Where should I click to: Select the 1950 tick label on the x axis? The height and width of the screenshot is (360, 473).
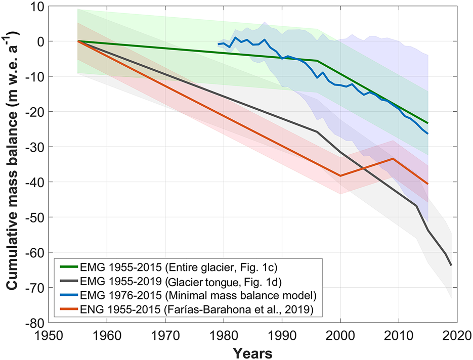click(x=49, y=335)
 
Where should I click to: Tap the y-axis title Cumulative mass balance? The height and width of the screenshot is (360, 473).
click(x=12, y=164)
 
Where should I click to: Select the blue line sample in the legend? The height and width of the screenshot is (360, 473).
click(x=71, y=293)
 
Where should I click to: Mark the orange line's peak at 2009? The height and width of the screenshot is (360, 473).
click(x=393, y=159)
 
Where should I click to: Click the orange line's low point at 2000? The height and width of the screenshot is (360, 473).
click(x=340, y=175)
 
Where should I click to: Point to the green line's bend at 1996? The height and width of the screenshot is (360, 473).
click(x=317, y=61)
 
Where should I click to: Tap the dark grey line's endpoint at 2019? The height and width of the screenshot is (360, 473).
click(x=451, y=265)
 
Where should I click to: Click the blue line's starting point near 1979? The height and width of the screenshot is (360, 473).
click(x=218, y=44)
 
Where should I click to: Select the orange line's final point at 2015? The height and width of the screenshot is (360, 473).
click(x=427, y=184)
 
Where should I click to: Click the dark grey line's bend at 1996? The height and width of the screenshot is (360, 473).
click(x=317, y=131)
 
